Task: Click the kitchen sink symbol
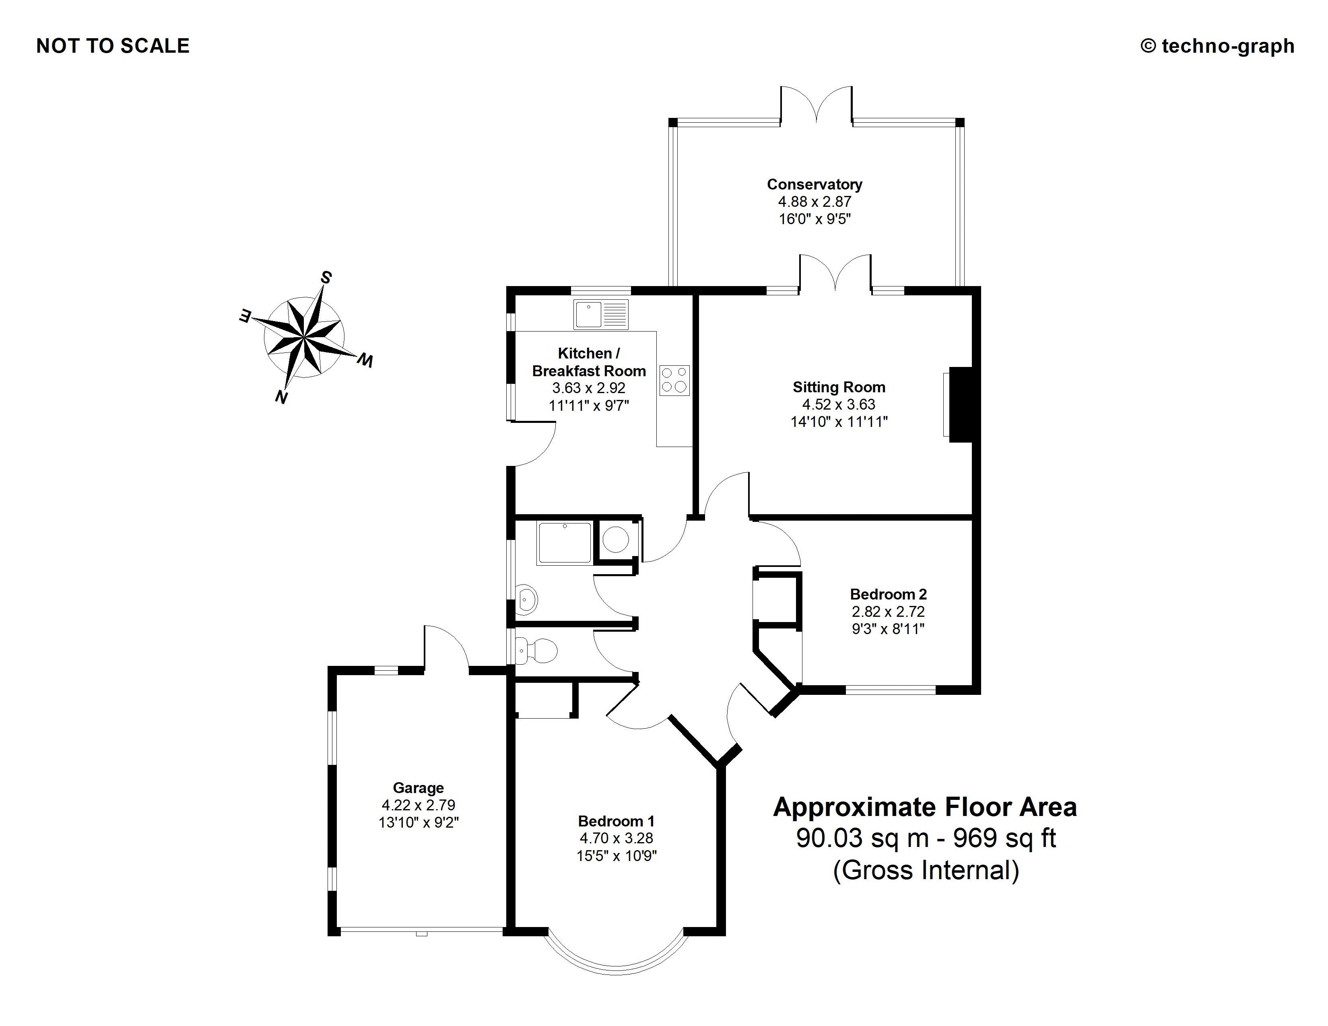(600, 315)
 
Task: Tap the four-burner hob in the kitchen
(674, 381)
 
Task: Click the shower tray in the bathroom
(564, 543)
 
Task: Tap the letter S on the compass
(326, 278)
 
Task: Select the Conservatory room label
(814, 184)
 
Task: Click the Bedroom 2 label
(888, 594)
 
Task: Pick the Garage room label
(419, 788)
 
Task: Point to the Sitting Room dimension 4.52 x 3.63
(839, 404)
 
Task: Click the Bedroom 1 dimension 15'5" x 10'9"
(617, 856)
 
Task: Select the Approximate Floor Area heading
(925, 807)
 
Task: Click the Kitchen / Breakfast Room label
(589, 362)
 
